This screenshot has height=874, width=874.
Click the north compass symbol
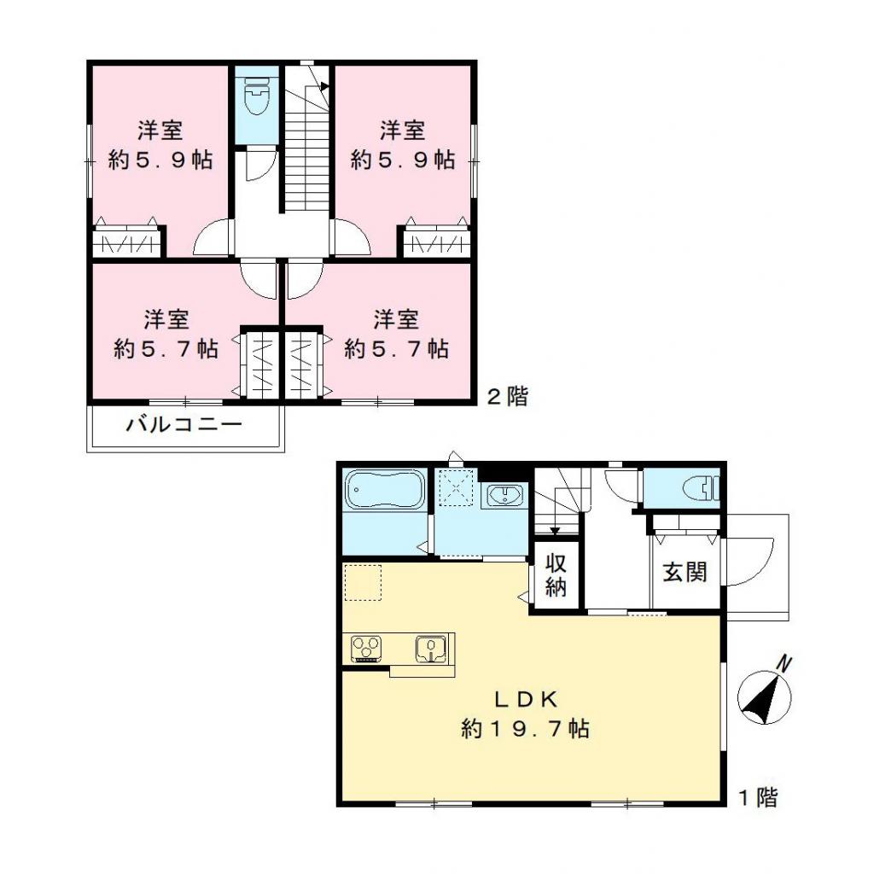765,693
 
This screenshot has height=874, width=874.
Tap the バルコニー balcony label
184,424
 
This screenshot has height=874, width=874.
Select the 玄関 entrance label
685,573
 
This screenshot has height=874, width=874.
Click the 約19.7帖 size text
525,729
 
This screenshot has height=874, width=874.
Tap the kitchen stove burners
367,649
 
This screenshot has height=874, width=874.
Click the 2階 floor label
507,397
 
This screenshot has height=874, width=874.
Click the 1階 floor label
757,798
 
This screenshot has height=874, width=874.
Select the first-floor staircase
559,504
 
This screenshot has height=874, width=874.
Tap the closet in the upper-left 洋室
126,242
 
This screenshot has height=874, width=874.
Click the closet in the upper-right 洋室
436,242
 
